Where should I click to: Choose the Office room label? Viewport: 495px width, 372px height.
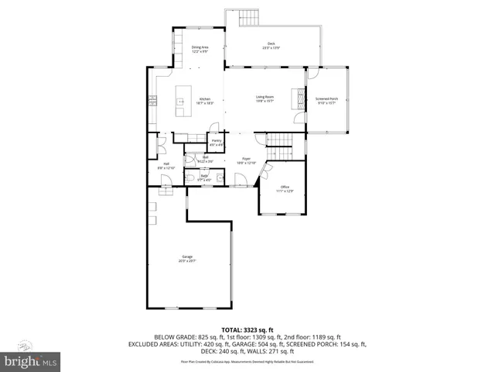(285, 188)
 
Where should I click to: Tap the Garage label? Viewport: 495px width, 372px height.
(187, 258)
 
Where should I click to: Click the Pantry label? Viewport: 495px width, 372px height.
(217, 142)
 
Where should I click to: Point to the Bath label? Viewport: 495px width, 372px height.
(204, 177)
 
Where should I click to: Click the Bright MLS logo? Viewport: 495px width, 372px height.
(30, 360)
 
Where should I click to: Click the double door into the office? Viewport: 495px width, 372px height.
(267, 170)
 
